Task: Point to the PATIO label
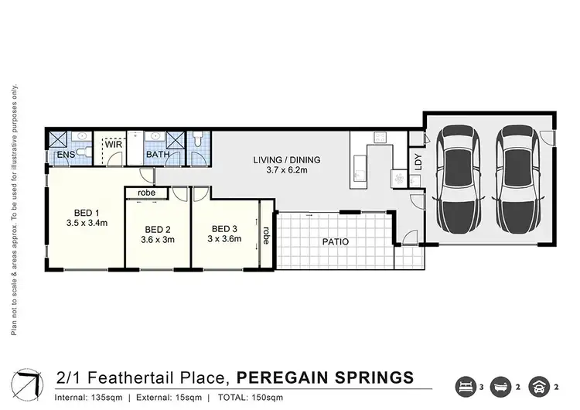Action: (x=335, y=242)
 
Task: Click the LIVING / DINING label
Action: (x=286, y=160)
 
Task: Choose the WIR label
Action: (x=114, y=145)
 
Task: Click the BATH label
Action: (x=158, y=155)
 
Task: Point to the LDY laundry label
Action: (x=418, y=162)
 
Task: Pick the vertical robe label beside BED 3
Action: (x=265, y=234)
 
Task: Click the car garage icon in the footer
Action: (x=538, y=385)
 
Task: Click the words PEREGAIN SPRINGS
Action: (x=324, y=378)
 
